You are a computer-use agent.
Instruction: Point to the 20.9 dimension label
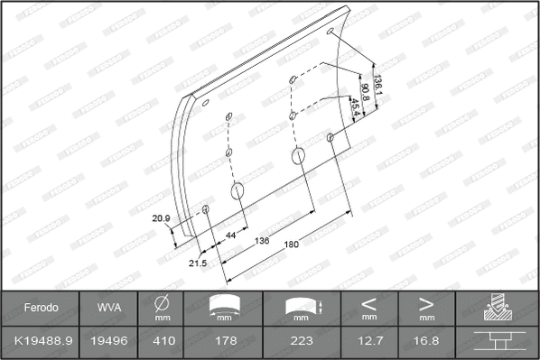click(x=162, y=218)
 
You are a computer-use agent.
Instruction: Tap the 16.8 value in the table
click(x=426, y=341)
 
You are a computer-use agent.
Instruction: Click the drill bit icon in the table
click(x=497, y=308)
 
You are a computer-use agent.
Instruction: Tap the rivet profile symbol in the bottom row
click(x=497, y=341)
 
